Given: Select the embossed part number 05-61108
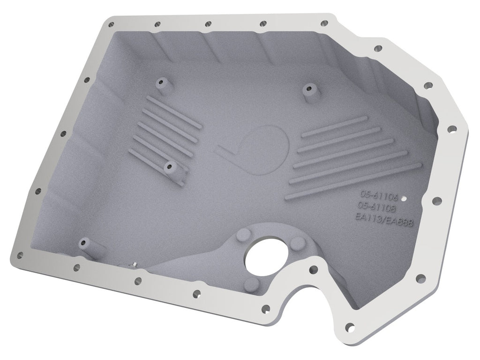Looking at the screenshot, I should pyautogui.click(x=378, y=206).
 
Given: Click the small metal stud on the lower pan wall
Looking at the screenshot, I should pyautogui.click(x=135, y=266).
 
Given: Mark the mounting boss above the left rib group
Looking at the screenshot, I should pyautogui.click(x=162, y=82).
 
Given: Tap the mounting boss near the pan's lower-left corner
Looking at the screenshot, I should pyautogui.click(x=85, y=242).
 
